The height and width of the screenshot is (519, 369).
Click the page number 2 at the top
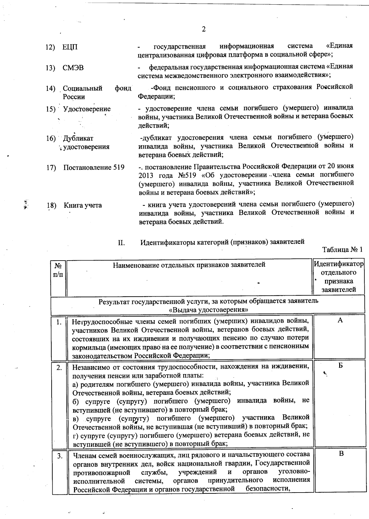tap(203, 29)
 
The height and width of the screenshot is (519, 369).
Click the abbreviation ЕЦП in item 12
tap(70, 47)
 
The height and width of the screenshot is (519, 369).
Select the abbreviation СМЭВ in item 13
tap(73, 68)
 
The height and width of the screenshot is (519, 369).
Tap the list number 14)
tap(51, 89)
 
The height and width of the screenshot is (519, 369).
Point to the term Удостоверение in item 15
tap(87, 109)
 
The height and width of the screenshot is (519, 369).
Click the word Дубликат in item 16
tap(78, 138)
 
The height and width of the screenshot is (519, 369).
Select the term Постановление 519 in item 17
tap(94, 167)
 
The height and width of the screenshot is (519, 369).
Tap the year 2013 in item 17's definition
tap(146, 175)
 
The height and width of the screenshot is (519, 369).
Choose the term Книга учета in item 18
tap(83, 205)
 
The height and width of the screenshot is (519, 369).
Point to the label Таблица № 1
tap(342, 249)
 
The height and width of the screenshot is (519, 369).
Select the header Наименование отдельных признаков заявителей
tap(189, 265)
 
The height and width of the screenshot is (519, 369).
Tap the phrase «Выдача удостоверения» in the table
tap(208, 309)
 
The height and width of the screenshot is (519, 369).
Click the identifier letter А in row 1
tap(340, 320)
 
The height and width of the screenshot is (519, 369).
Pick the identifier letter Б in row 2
tap(340, 366)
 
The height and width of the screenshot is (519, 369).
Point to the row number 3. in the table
tap(60, 456)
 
